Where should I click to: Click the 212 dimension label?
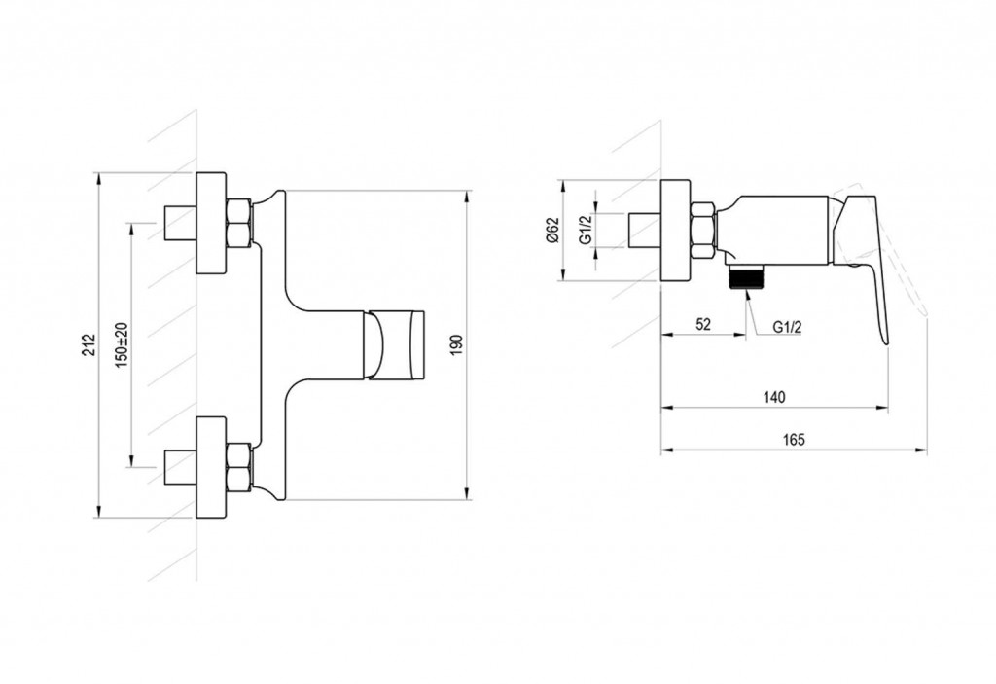tap(89, 344)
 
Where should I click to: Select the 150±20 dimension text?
tap(122, 343)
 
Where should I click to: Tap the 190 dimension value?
tap(458, 343)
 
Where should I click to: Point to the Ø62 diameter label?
tap(551, 230)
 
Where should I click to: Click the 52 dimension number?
tap(702, 324)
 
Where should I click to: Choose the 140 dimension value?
tap(773, 398)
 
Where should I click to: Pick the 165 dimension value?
tap(794, 439)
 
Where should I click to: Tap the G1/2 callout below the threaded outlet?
tap(787, 327)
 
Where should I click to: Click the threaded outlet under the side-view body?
tap(746, 276)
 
